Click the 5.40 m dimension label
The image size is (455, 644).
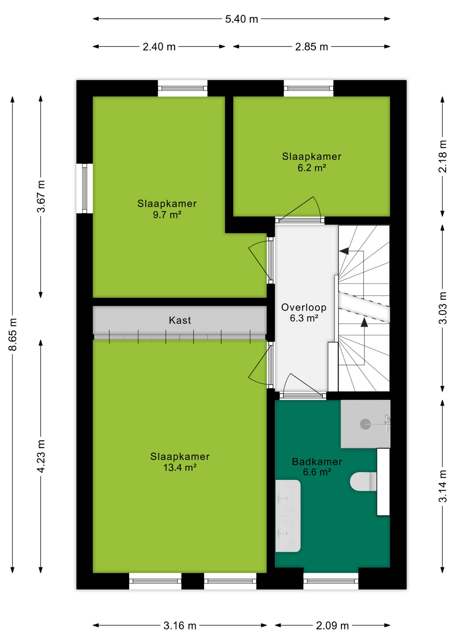(x=241, y=19)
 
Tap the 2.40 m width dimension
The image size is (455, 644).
(x=159, y=47)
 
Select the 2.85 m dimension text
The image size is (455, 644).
(x=312, y=47)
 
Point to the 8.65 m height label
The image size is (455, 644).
(x=13, y=334)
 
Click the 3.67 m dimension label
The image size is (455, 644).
(x=41, y=197)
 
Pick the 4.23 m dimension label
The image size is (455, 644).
(x=41, y=456)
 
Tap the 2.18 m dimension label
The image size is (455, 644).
(x=443, y=156)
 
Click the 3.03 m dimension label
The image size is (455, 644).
(x=443, y=308)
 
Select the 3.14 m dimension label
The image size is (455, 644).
(x=443, y=486)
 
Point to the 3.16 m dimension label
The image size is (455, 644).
(x=180, y=626)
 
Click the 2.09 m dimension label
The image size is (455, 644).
(x=332, y=626)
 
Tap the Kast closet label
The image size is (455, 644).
(x=180, y=320)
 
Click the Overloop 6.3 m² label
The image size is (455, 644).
(x=304, y=313)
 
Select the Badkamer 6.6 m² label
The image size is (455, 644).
(x=317, y=467)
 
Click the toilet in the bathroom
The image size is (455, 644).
(x=364, y=482)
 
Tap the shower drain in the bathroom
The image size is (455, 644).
(x=365, y=424)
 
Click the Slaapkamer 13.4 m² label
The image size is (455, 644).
(x=180, y=462)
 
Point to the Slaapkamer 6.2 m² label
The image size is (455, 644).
(x=312, y=162)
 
